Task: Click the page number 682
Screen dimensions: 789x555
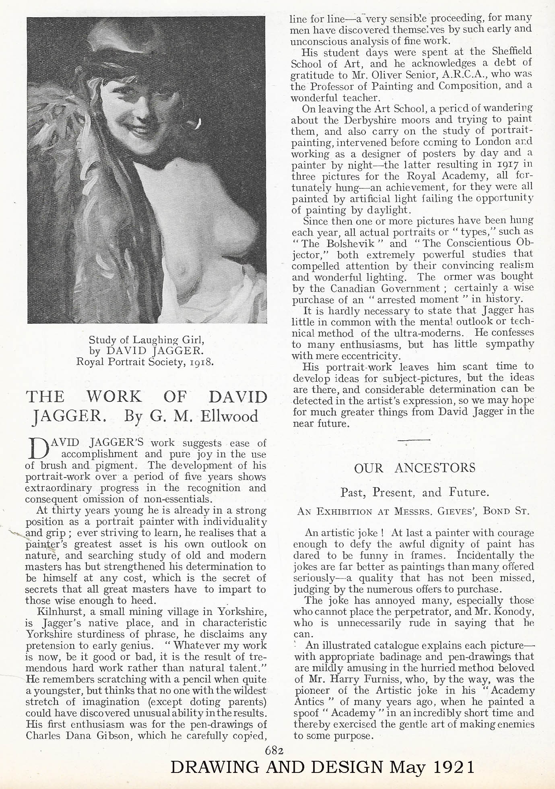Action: tap(274, 750)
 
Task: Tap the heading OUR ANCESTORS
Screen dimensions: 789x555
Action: tap(414, 468)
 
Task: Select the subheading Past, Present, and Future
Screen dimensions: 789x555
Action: tap(415, 492)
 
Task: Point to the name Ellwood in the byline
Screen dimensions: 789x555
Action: tap(232, 415)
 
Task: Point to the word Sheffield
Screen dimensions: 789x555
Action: tap(512, 52)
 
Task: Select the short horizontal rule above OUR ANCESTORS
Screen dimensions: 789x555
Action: tap(414, 440)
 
